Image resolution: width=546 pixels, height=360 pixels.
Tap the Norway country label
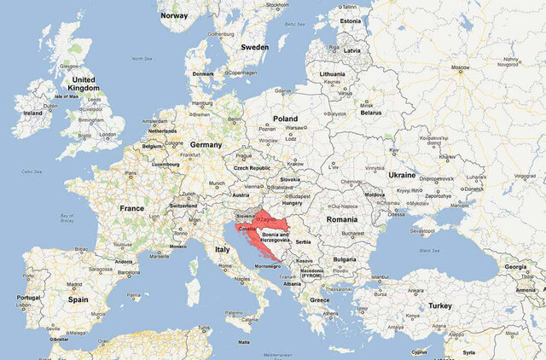174,15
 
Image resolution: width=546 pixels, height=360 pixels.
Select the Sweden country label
254,47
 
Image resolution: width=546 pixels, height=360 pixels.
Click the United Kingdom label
85,84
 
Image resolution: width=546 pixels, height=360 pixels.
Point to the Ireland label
33,112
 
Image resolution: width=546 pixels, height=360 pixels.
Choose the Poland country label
285,119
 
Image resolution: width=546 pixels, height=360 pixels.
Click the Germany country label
205,145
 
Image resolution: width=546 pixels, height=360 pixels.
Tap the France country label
131,208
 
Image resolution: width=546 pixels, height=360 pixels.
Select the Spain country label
78,299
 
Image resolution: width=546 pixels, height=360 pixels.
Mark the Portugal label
28,298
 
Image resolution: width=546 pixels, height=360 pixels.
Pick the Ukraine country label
402,175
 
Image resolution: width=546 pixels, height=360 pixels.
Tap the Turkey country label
440,305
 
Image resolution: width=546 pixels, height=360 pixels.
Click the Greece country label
320,300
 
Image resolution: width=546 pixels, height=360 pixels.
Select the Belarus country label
371,113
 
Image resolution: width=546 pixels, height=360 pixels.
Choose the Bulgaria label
345,259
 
